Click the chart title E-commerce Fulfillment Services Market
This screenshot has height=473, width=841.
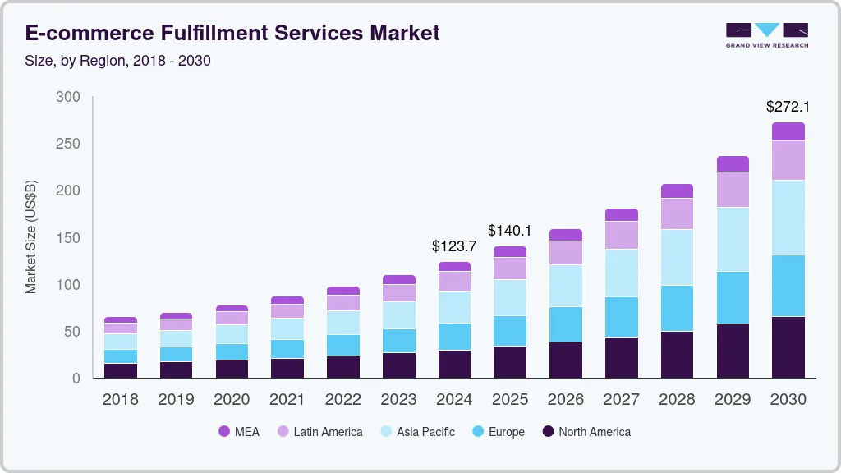[232, 33]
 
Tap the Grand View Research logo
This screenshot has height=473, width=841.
[766, 34]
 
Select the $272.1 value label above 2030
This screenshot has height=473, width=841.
[788, 107]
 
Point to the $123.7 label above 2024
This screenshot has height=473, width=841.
[454, 246]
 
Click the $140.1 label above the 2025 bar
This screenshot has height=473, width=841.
[510, 230]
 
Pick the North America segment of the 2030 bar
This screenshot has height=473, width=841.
[788, 347]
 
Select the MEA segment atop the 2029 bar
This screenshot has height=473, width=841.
[733, 163]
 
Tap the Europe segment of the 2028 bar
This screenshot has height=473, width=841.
[677, 308]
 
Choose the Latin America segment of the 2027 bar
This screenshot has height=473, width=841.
[621, 235]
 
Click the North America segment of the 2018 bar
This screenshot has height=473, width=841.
[121, 370]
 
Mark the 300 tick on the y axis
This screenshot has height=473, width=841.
[68, 97]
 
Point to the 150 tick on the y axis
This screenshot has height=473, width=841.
[68, 238]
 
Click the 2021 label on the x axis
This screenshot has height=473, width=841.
[287, 400]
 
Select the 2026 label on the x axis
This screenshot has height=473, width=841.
[565, 400]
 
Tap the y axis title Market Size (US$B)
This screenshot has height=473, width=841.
[31, 237]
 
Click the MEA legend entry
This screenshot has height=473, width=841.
[238, 432]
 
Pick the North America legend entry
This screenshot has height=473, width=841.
[586, 432]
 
